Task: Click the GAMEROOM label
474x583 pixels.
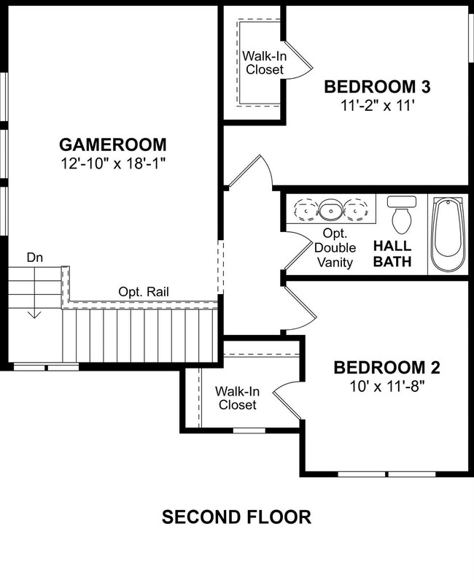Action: (113, 144)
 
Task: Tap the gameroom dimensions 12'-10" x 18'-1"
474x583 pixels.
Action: (113, 163)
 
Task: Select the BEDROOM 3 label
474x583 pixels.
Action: (378, 87)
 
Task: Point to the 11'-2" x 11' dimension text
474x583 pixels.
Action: (378, 106)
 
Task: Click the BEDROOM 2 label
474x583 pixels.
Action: (386, 367)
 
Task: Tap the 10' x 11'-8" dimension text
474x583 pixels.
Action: (386, 387)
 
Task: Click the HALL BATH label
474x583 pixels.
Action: (392, 254)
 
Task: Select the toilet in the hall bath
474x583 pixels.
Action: (402, 215)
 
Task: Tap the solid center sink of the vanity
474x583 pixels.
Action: (330, 210)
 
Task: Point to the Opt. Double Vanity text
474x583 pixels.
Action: (335, 247)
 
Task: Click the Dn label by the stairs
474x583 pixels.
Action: (34, 258)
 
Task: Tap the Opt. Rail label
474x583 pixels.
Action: (144, 292)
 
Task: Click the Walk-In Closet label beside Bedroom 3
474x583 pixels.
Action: (265, 63)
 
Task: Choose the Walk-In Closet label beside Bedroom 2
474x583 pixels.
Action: (238, 398)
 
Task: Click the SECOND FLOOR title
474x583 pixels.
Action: (236, 517)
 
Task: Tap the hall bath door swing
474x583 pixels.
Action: (298, 250)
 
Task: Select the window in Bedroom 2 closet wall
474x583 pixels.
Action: (249, 431)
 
